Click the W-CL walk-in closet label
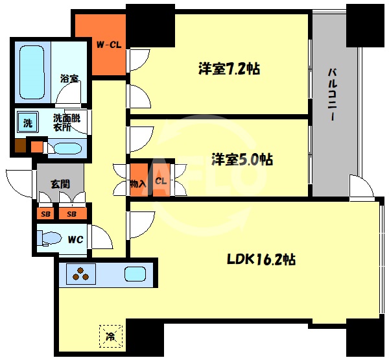point(109,45)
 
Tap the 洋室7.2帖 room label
point(229,69)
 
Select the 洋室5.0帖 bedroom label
point(242,160)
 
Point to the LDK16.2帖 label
point(261,259)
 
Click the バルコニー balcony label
point(333,95)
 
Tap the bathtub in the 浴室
point(32,72)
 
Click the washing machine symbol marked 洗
point(28,122)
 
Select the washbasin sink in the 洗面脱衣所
point(67,149)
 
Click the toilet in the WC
point(49,239)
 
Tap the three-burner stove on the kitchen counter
point(81,274)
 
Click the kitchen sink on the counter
point(135,274)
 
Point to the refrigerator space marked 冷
point(111,337)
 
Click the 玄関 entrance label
point(60,184)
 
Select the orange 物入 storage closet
point(139,180)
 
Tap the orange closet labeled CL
point(161,180)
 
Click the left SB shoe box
point(45,213)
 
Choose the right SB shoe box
point(73,213)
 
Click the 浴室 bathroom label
point(70,78)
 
